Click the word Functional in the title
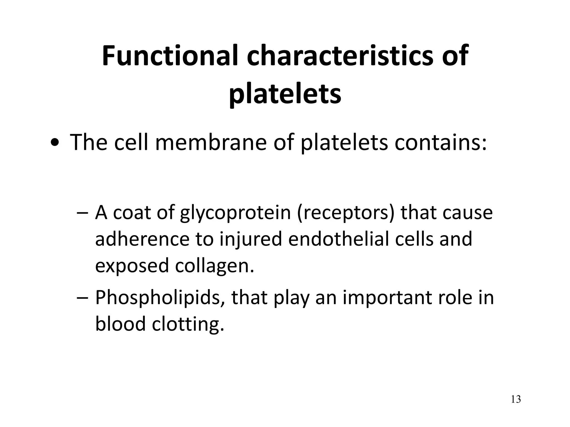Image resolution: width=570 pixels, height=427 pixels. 170,56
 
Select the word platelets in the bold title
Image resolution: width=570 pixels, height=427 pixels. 285,94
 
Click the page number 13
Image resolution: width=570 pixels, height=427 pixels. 516,399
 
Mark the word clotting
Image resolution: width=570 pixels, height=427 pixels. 188,324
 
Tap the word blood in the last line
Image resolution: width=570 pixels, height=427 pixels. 121,324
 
